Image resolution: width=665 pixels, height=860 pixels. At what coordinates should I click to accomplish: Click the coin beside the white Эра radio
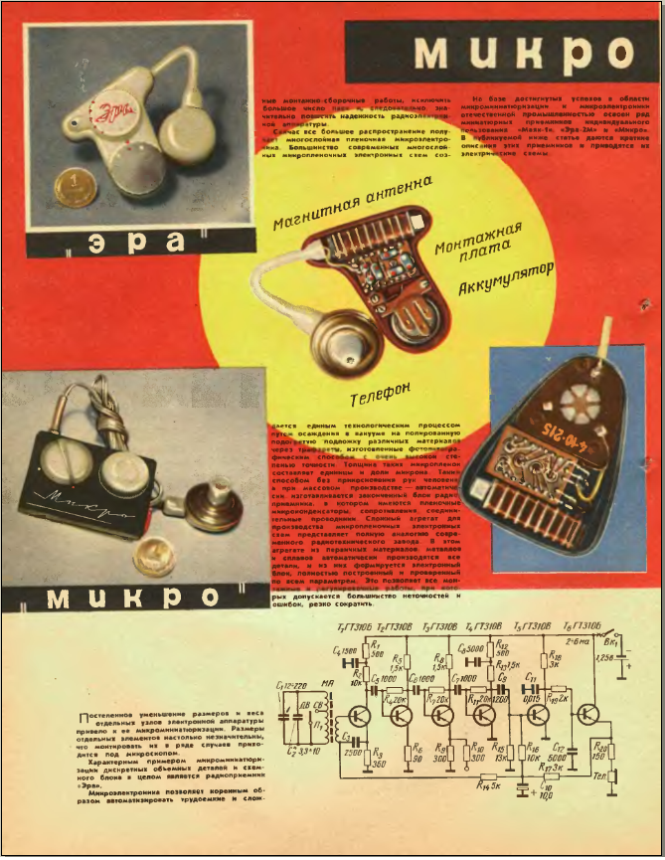75,186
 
